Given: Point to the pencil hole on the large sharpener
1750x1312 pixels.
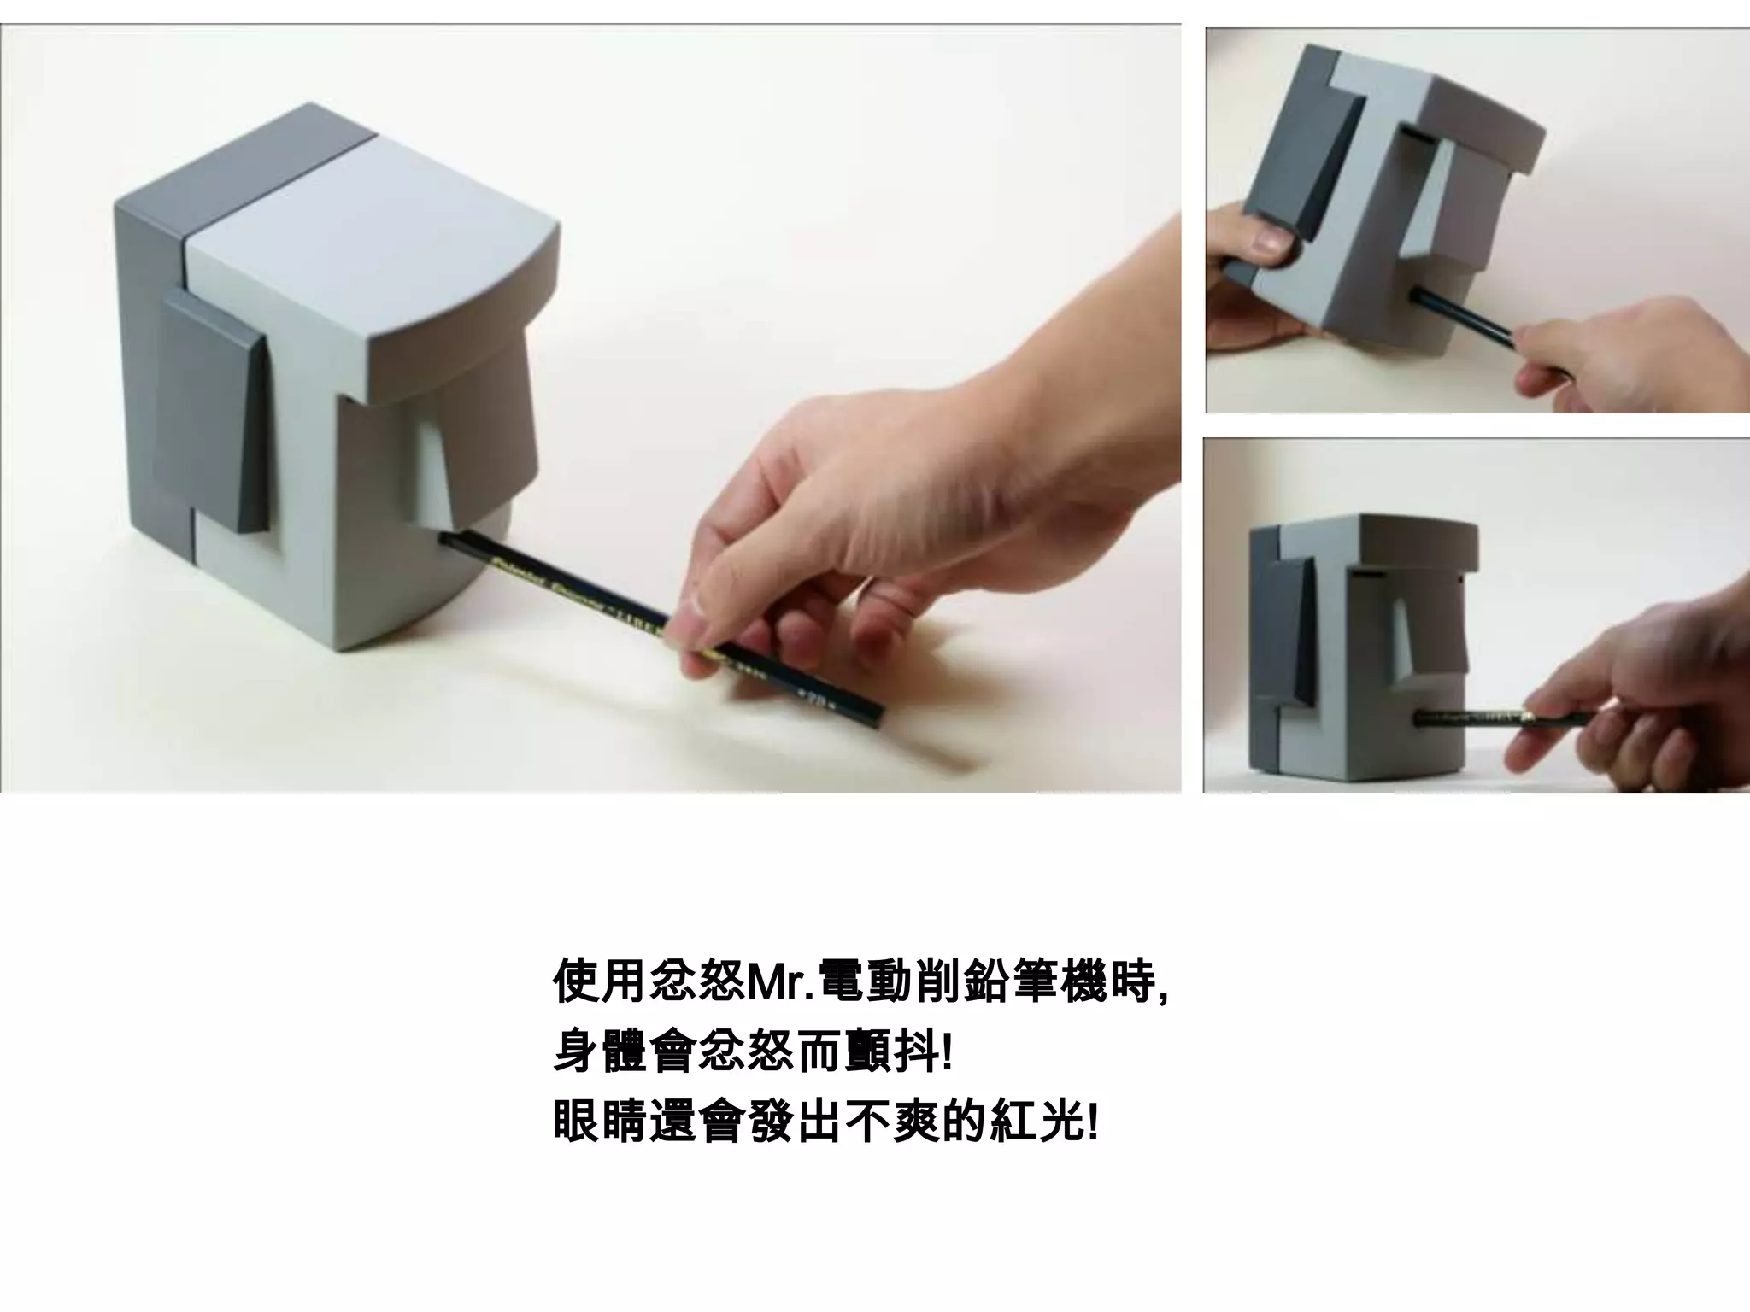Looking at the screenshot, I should click(446, 537).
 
